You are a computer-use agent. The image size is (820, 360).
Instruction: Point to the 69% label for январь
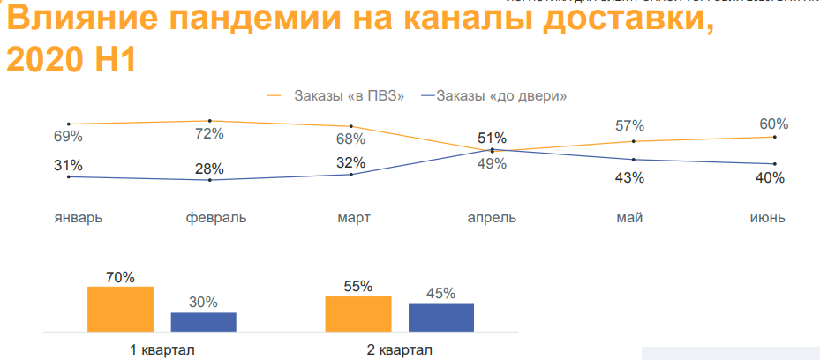tap(68, 137)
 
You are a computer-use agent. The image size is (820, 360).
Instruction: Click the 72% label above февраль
tap(209, 134)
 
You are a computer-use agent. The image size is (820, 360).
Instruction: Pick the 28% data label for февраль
tap(209, 169)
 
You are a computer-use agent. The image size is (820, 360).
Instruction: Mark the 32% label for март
tap(351, 162)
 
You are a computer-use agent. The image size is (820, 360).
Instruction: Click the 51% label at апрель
tap(492, 138)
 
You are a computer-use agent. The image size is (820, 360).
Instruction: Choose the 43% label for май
tap(630, 177)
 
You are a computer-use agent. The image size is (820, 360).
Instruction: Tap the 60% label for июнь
tap(773, 124)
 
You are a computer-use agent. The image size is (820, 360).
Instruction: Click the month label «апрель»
tap(492, 217)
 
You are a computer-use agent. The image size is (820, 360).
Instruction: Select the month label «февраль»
tap(216, 217)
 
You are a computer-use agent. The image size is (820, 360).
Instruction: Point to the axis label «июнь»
tap(767, 217)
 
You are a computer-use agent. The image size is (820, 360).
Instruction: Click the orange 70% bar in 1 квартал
tap(120, 309)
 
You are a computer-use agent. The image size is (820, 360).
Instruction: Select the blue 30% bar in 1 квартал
tap(203, 322)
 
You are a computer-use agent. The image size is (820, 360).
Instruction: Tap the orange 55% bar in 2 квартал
tap(358, 314)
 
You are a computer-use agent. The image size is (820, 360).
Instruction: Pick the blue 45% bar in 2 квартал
tap(441, 317)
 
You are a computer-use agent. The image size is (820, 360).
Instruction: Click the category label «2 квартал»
tap(400, 349)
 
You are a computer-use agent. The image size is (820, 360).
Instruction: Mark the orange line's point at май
tap(633, 141)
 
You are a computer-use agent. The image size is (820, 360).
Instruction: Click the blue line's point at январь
tap(68, 176)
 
